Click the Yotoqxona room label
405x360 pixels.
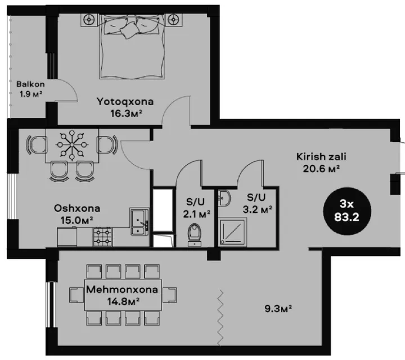click(125, 101)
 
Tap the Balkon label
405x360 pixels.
click(30, 84)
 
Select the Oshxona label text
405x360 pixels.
click(77, 208)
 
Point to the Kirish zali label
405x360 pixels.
click(321, 156)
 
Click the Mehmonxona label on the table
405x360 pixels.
click(122, 290)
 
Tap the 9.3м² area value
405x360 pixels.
click(278, 308)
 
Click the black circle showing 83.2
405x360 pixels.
click(347, 211)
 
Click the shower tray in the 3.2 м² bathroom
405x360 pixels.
click(233, 232)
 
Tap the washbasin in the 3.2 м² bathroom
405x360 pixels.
click(224, 198)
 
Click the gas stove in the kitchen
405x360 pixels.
click(102, 237)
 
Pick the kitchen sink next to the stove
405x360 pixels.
click(139, 222)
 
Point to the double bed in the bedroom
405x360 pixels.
click(132, 47)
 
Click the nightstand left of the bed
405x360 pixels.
click(89, 19)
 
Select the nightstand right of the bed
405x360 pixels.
click(173, 19)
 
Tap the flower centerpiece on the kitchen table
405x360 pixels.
click(71, 145)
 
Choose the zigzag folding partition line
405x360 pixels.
click(220, 318)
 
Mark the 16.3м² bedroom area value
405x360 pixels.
click(127, 113)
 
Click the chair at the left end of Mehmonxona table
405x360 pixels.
click(76, 295)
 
